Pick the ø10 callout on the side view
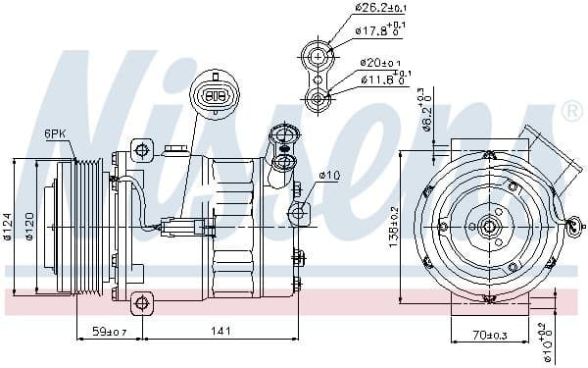point(328,177)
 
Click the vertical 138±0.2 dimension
point(393,225)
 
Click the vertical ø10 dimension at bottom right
point(545,342)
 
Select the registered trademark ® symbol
point(571,114)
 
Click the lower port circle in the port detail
point(318,98)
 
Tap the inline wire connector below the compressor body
point(181,227)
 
